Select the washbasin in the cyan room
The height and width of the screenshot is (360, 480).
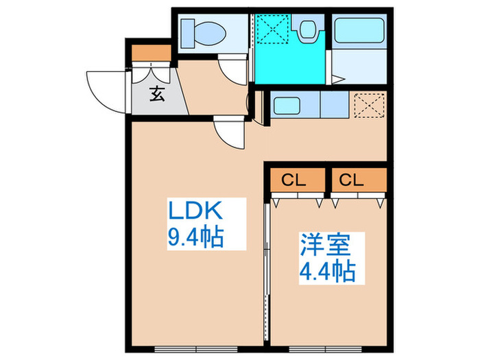307,29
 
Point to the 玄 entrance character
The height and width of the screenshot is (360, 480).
158,95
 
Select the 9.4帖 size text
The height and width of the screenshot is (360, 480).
197,237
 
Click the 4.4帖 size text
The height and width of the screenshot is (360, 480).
326,272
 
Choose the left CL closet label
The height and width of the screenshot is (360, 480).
294,181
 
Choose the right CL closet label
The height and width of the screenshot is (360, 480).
351,181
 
